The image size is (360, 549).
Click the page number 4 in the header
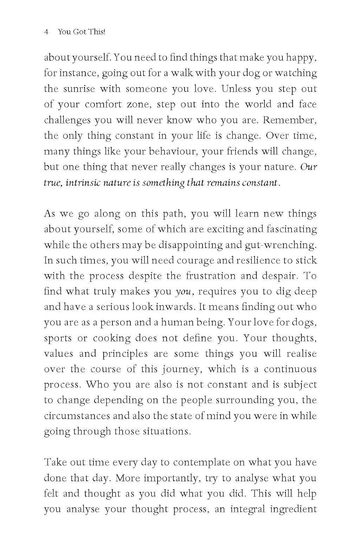(x=46, y=32)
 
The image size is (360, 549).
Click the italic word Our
(x=308, y=167)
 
